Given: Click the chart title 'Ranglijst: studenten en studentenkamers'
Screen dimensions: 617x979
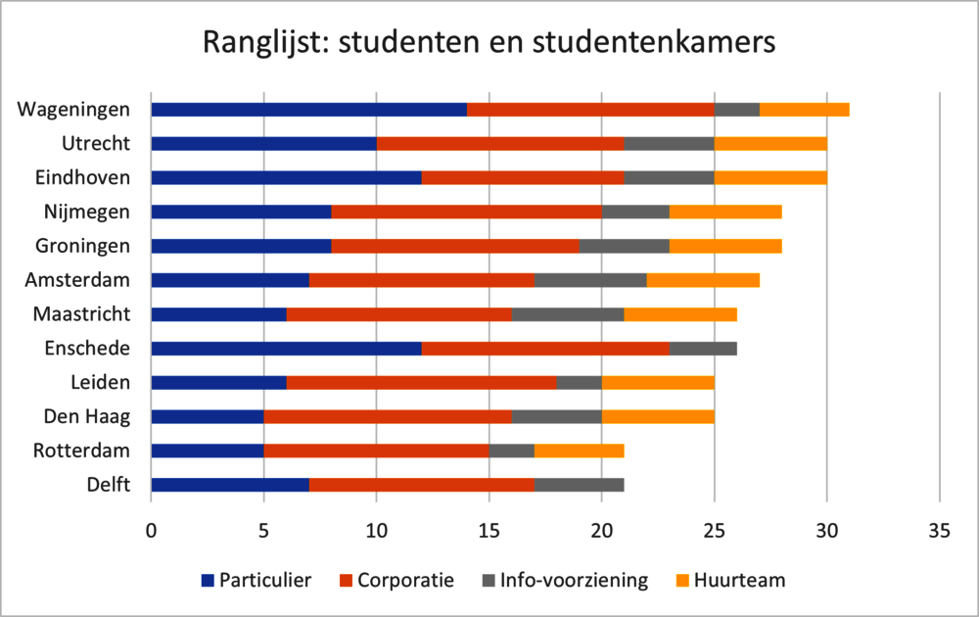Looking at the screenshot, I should [x=489, y=43].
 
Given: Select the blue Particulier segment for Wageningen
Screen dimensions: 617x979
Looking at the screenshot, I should [x=308, y=109].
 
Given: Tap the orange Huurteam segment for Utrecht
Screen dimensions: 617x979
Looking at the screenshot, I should [x=770, y=143].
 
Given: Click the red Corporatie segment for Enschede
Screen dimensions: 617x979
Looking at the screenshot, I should [x=545, y=348].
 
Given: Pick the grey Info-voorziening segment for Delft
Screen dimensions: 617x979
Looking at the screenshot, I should [x=579, y=484].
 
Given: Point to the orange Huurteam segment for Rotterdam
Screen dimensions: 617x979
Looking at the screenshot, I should [x=579, y=451].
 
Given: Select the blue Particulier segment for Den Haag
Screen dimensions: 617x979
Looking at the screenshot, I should [x=208, y=416].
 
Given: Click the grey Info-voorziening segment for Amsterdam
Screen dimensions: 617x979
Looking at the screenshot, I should [x=590, y=280].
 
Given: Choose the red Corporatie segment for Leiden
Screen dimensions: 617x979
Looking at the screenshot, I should [x=421, y=382].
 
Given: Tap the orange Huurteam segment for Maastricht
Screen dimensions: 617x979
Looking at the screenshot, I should [x=680, y=314].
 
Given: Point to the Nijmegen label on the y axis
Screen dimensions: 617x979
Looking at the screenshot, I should [x=87, y=212].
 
